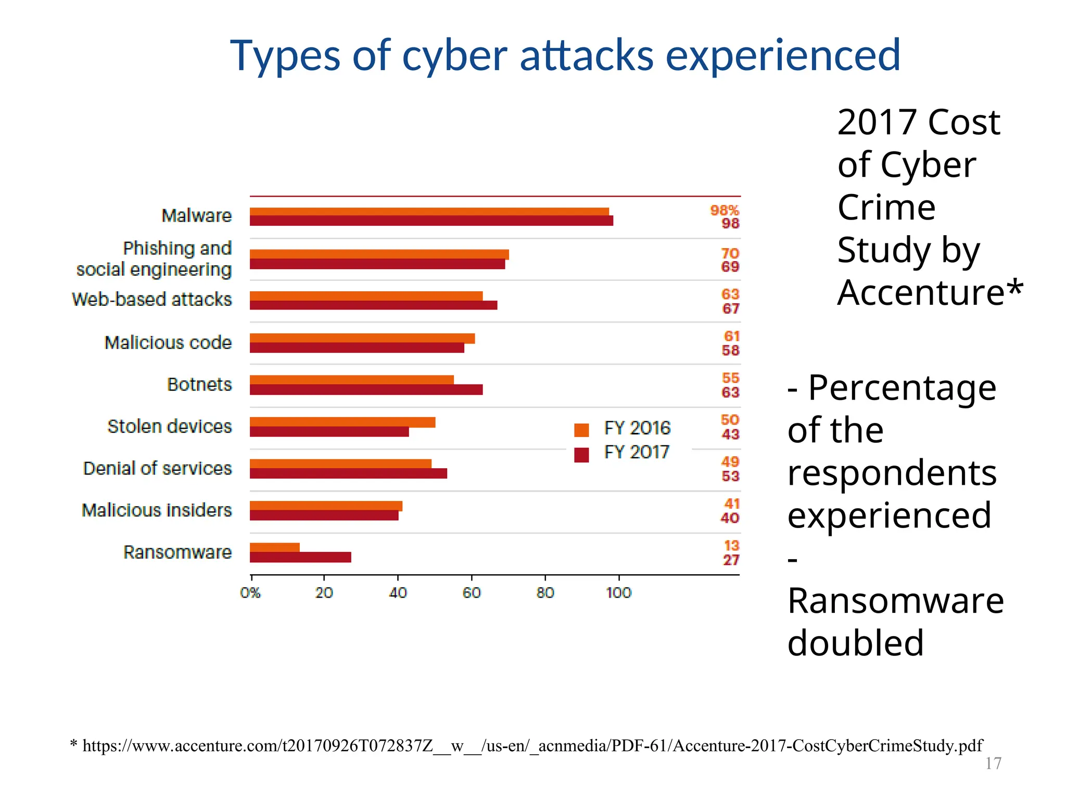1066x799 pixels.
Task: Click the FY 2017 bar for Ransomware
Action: point(300,557)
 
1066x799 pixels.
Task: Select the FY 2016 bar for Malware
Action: point(429,212)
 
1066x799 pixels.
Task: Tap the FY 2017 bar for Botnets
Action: point(366,390)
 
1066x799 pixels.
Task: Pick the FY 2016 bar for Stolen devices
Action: point(342,422)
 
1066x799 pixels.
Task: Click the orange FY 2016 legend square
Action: point(581,430)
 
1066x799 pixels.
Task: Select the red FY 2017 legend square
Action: point(581,455)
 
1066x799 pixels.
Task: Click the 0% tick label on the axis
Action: point(250,592)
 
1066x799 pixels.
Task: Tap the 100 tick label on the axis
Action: point(618,592)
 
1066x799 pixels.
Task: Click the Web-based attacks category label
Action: point(152,300)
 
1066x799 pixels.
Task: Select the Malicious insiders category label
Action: point(157,510)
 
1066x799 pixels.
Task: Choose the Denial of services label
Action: point(157,468)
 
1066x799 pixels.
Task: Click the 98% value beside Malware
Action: point(725,210)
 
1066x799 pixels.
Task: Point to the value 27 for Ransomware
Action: point(731,560)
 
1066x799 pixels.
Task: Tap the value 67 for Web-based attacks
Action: point(731,308)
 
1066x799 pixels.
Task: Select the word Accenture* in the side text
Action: point(930,292)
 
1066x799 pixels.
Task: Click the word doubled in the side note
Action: point(855,643)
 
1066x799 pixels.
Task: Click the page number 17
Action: point(993,764)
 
